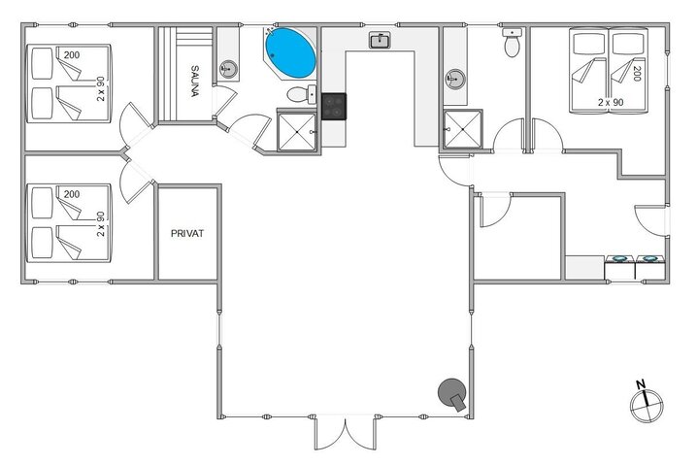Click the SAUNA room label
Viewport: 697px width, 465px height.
pos(195,81)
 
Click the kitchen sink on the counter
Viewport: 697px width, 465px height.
pos(380,41)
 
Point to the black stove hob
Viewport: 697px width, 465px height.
pos(333,105)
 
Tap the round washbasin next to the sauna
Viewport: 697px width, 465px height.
pos(229,68)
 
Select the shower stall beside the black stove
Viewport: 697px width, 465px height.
pos(297,131)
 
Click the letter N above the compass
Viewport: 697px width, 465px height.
pos(641,384)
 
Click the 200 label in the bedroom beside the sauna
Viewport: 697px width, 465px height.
pos(71,55)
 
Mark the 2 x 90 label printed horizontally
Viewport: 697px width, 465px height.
pos(610,102)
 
